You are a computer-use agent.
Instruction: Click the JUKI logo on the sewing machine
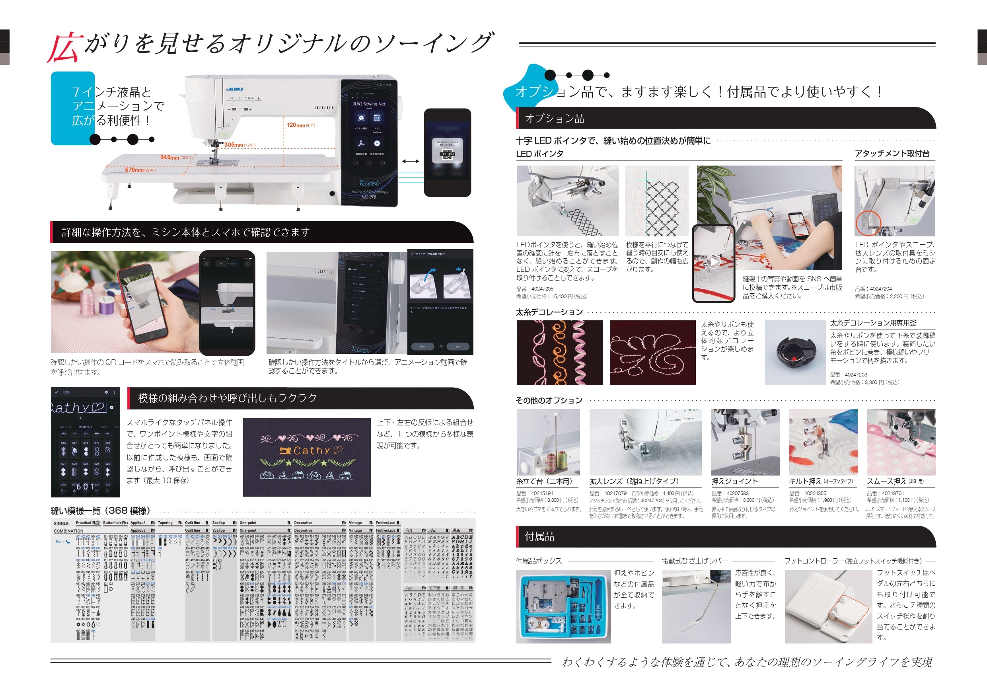pyautogui.click(x=235, y=89)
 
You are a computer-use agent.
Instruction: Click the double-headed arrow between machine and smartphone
pyautogui.click(x=411, y=161)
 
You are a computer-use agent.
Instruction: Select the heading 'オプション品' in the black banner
pyautogui.click(x=554, y=119)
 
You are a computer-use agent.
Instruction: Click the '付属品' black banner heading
pyautogui.click(x=539, y=536)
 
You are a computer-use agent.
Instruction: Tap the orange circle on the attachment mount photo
pyautogui.click(x=868, y=223)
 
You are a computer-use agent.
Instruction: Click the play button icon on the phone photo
pyautogui.click(x=714, y=261)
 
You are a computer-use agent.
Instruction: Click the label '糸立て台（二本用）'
pyautogui.click(x=544, y=481)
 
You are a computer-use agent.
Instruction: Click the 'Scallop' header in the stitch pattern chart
pyautogui.click(x=218, y=523)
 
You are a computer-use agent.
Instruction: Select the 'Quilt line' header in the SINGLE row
pyautogui.click(x=192, y=523)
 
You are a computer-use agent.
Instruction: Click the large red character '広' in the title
pyautogui.click(x=64, y=48)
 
